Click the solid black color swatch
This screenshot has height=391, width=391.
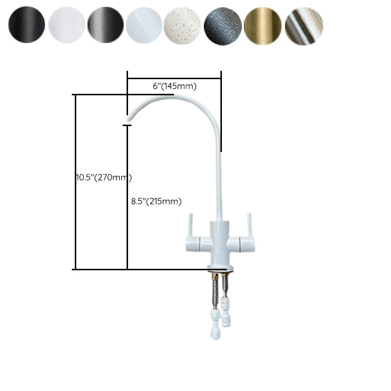click(26, 26)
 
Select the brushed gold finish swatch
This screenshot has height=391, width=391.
click(262, 26)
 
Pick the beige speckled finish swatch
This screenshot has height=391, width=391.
click(183, 26)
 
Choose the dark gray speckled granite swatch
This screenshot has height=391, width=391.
click(223, 26)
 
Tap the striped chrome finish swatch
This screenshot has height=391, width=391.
click(303, 26)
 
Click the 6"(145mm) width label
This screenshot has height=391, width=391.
click(174, 87)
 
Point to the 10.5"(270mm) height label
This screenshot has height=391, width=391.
click(103, 177)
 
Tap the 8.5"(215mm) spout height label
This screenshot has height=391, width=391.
click(156, 201)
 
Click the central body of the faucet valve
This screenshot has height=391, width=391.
click(220, 242)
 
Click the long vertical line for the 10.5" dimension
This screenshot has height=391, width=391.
click(75, 181)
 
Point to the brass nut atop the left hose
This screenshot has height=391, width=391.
click(214, 279)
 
